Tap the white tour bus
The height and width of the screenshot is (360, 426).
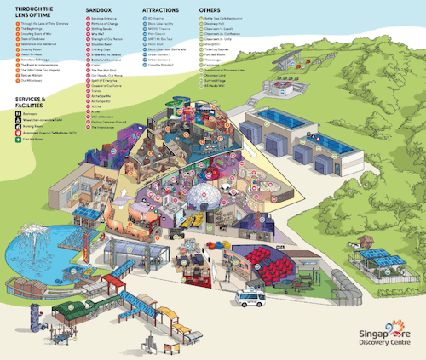pyautogui.click(x=250, y=297)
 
